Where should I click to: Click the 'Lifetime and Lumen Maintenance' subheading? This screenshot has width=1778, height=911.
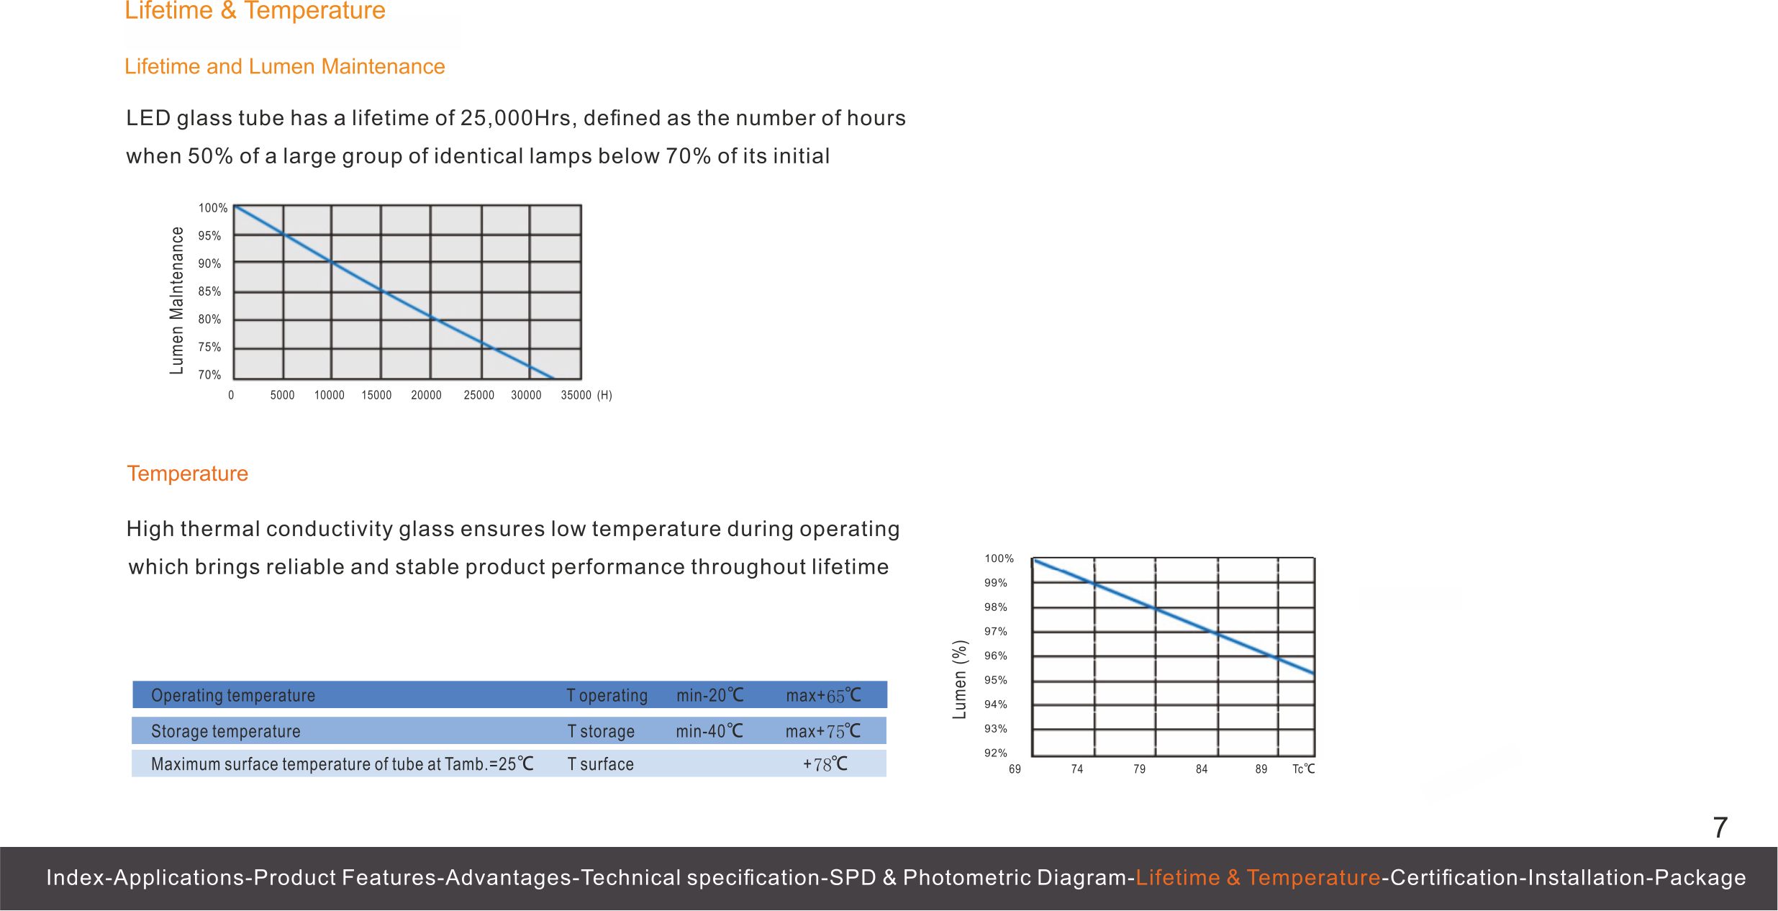tap(285, 67)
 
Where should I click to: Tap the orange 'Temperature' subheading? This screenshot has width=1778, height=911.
tap(187, 473)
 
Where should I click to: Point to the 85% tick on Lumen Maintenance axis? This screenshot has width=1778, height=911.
tap(209, 291)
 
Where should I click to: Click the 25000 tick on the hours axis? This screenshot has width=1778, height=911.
tap(478, 395)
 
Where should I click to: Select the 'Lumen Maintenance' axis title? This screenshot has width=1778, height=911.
tap(176, 301)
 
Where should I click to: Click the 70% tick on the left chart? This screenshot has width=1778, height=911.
tap(209, 375)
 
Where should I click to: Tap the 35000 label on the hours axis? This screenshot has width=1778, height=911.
tap(576, 395)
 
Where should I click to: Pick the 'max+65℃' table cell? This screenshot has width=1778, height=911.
tap(823, 696)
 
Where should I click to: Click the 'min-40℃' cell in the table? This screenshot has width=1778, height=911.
tap(709, 731)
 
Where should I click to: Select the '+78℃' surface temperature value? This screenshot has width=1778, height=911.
tap(825, 764)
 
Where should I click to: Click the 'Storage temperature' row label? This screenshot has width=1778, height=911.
tap(225, 731)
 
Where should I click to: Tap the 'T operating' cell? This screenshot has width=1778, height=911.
tap(607, 696)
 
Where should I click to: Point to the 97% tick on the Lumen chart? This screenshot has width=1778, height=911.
tap(996, 631)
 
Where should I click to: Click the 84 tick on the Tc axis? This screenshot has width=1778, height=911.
tap(1202, 769)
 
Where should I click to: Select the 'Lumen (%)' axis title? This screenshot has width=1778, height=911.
tap(959, 679)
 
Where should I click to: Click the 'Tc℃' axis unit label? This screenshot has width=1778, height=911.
tap(1303, 769)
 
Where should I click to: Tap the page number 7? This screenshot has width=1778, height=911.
tap(1720, 828)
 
